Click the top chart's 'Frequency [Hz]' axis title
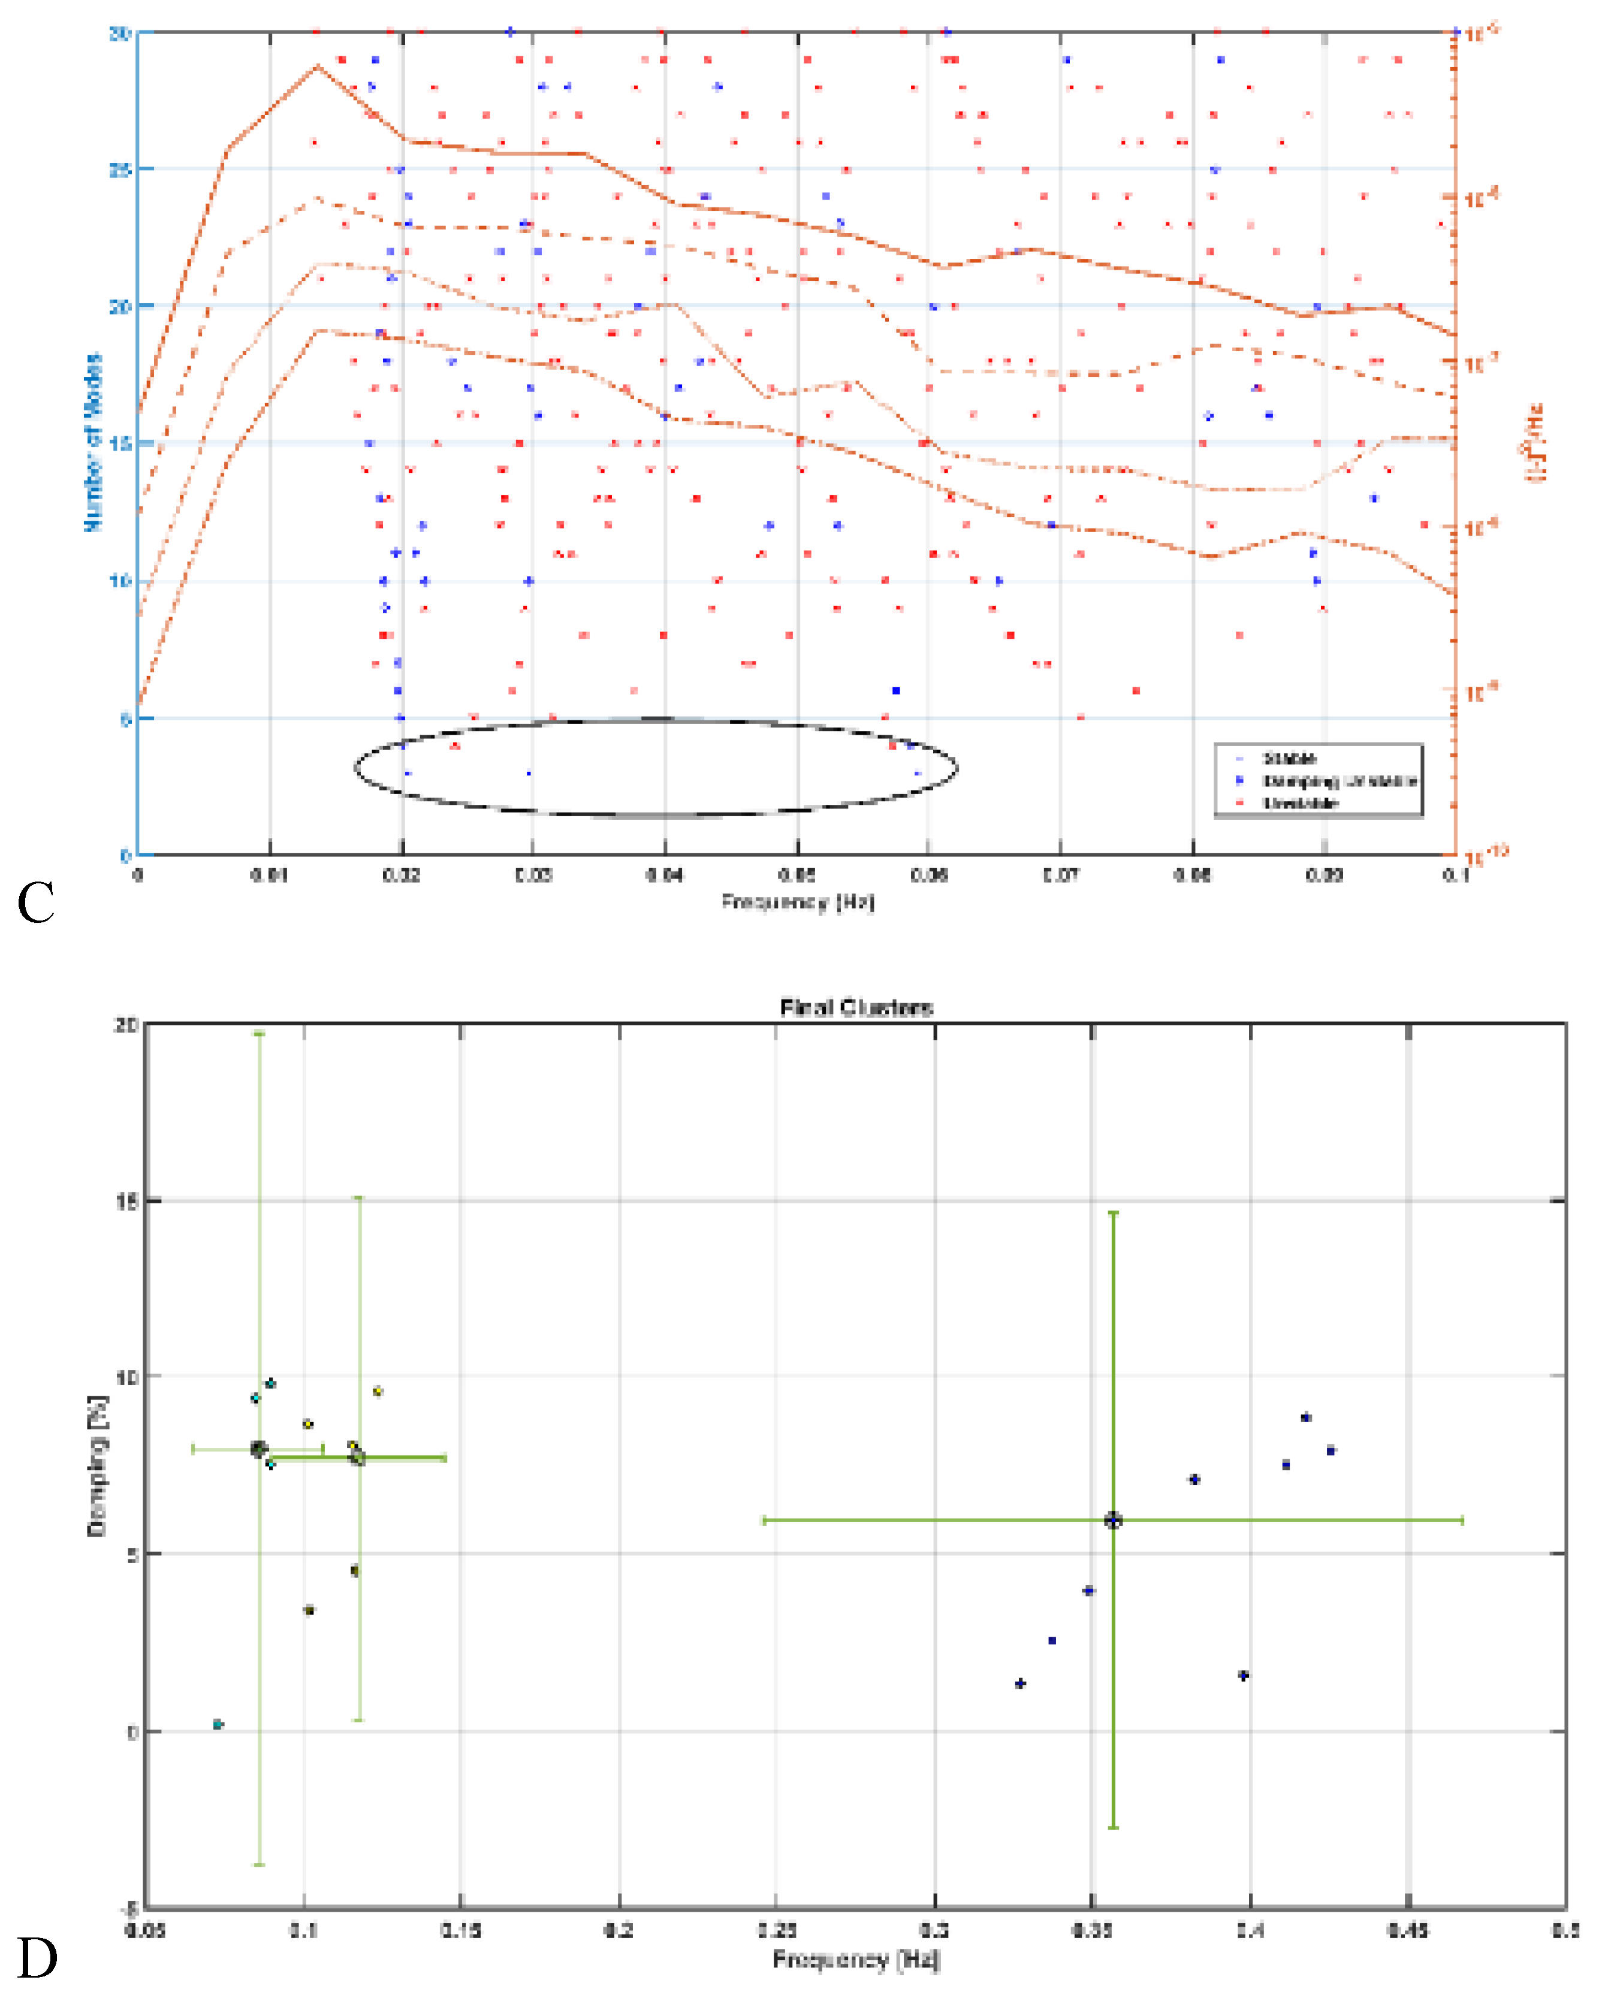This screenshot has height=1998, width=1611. coord(797,901)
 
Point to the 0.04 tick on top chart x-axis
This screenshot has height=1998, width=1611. coord(665,874)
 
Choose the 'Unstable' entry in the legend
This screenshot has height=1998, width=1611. coord(1299,802)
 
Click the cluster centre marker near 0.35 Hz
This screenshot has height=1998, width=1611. coord(1113,1520)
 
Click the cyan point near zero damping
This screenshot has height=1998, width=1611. coord(218,1724)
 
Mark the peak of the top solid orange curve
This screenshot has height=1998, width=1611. coord(318,67)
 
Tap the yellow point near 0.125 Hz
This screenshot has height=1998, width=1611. coord(378,1391)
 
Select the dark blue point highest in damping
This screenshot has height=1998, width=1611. coord(1306,1417)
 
